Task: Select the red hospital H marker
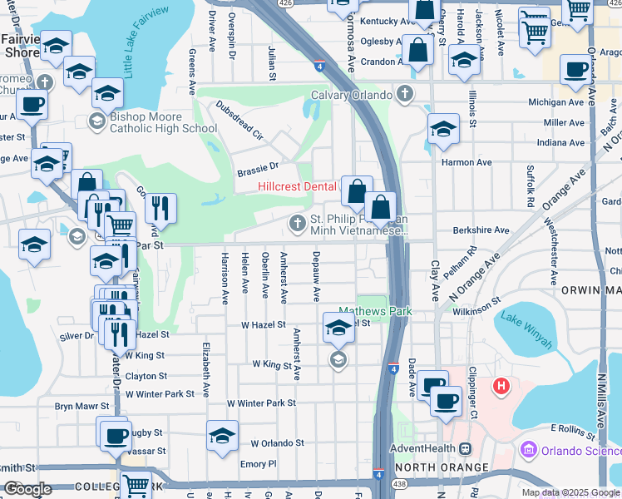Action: [501, 386]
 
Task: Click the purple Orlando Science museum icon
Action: [527, 451]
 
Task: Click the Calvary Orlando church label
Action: [351, 94]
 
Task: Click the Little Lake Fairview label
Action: [146, 40]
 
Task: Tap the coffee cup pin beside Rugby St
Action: [115, 435]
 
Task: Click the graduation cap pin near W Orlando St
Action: [222, 437]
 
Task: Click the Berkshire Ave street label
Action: [481, 230]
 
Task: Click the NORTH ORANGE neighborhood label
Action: [447, 467]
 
